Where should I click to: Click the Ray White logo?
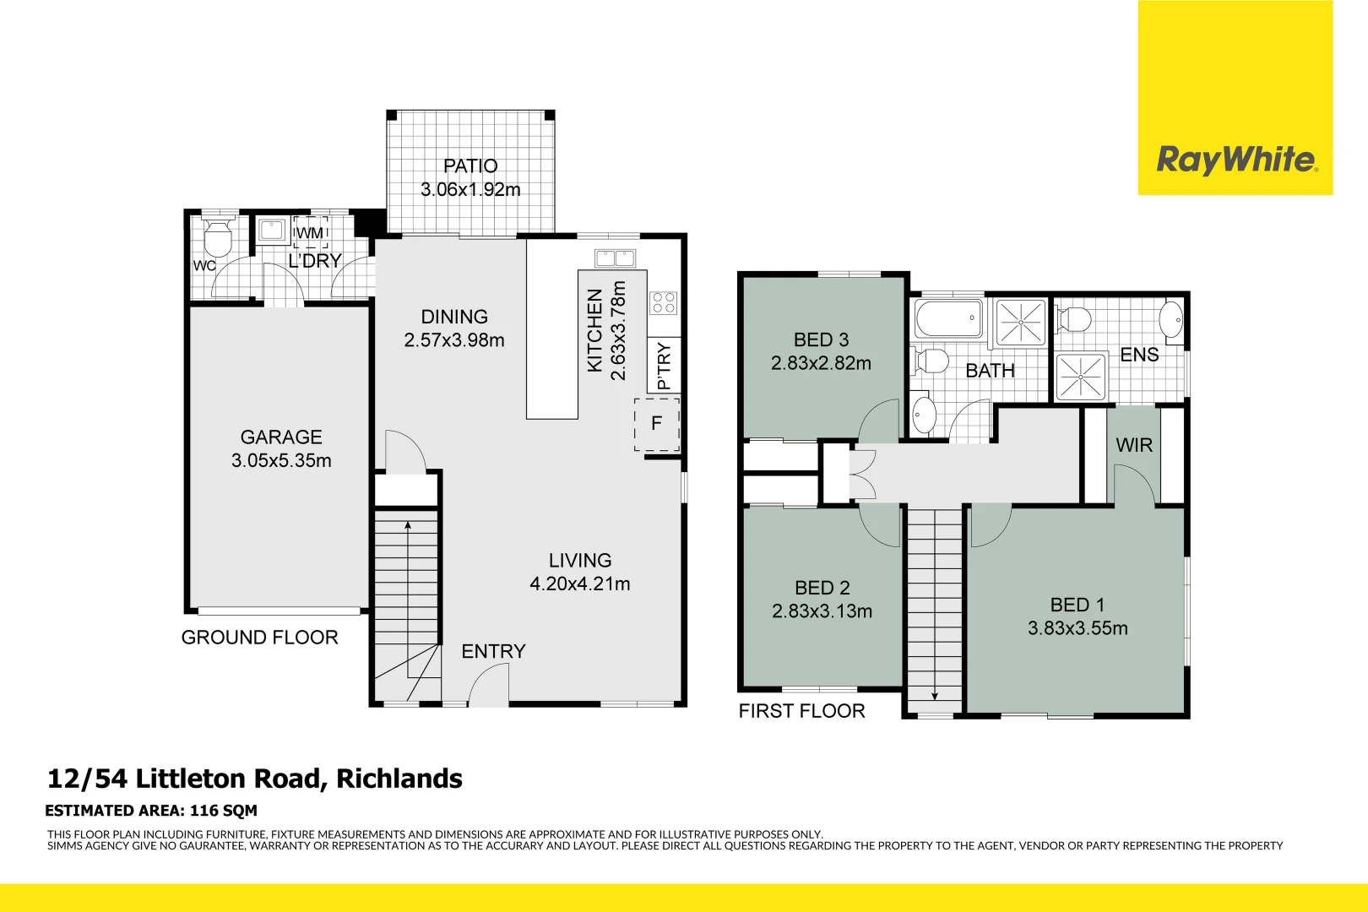point(1235,159)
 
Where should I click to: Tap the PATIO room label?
point(470,166)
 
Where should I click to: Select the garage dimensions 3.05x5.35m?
point(281,461)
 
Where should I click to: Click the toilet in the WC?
point(219,239)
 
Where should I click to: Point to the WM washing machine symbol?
point(310,232)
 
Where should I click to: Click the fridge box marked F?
point(656,425)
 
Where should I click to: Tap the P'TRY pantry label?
point(664,365)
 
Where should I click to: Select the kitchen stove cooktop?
point(663,302)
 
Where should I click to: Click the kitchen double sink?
point(615,258)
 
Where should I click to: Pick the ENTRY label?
point(493,651)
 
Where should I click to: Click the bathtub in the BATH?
point(949,318)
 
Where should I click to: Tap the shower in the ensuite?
point(1080,377)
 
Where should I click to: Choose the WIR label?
point(1133,445)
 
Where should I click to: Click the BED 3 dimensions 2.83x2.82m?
point(821,363)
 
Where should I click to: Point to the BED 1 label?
point(1077,605)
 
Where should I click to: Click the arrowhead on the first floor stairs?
point(935,696)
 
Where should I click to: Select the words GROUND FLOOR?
point(259,638)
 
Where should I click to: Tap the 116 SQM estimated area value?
point(224,811)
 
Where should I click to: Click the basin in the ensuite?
point(1170,320)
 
